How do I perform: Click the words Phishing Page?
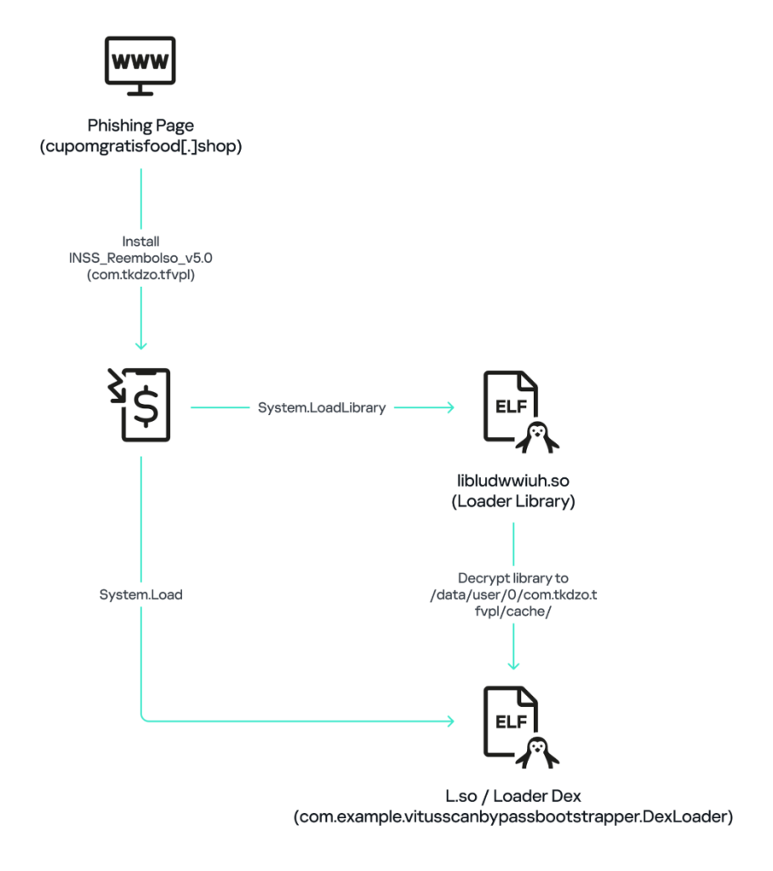140,126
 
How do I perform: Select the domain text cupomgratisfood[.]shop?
140,147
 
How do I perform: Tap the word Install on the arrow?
140,242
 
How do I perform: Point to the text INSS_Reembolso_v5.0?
140,258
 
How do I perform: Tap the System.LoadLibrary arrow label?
321,408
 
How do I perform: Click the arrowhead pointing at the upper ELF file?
449,408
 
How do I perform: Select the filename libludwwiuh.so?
512,481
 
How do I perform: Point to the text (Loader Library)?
512,502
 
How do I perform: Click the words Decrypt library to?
512,578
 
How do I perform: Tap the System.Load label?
140,595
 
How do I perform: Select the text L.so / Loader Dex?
512,797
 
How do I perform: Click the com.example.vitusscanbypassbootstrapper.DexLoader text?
512,817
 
